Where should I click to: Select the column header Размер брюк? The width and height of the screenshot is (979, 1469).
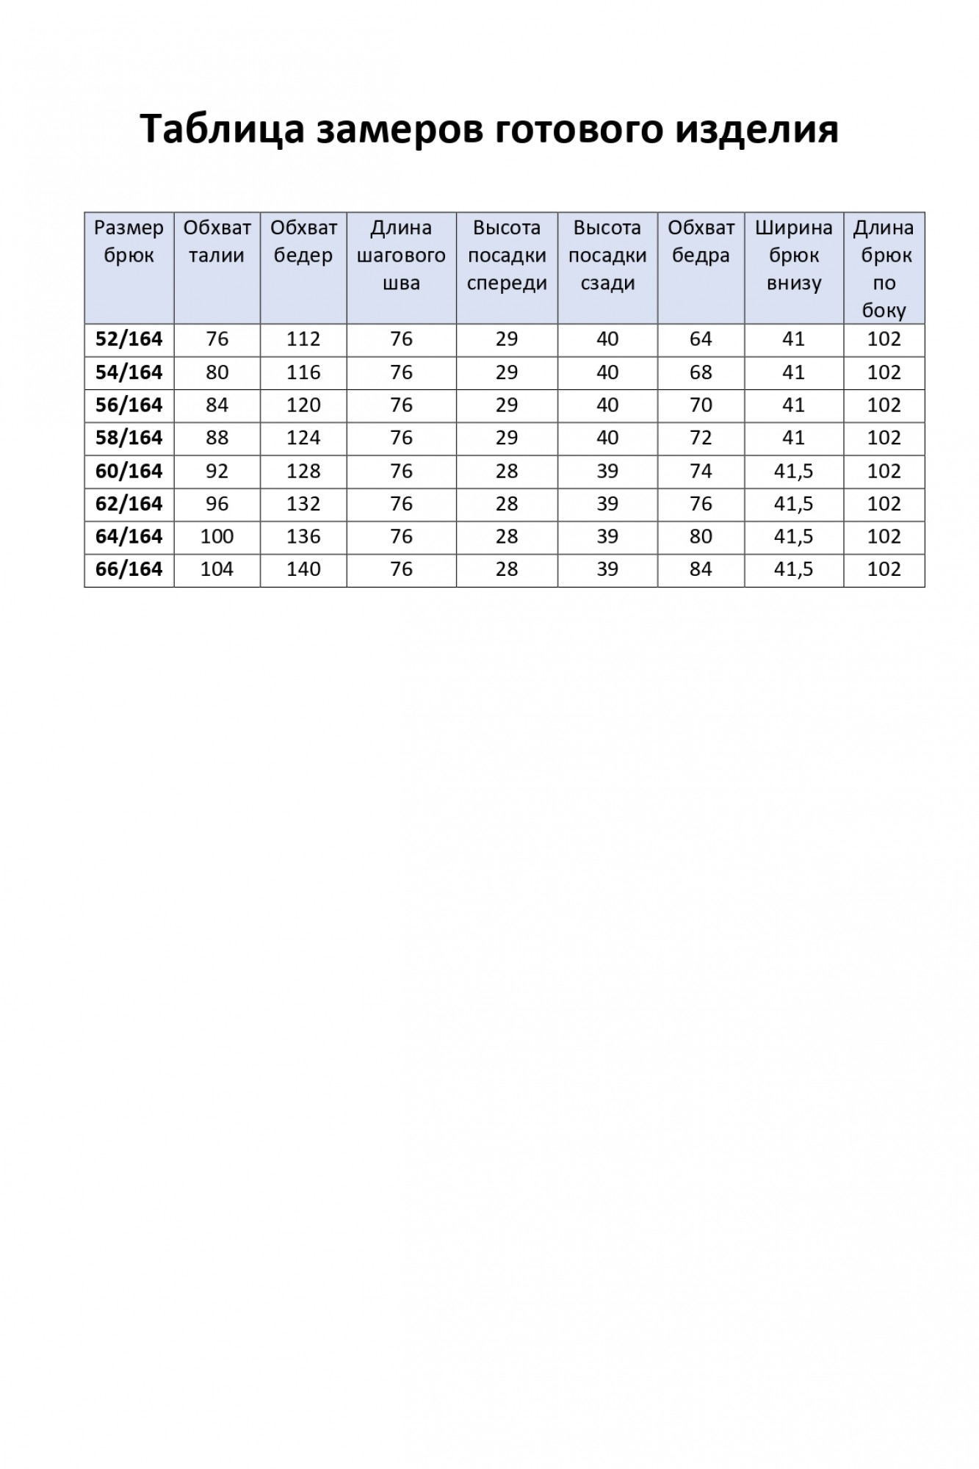point(129,242)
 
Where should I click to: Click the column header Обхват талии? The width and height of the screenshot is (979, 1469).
point(217,242)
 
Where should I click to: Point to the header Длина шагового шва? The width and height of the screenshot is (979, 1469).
point(401,255)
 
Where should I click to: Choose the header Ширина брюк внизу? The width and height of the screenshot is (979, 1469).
point(793,255)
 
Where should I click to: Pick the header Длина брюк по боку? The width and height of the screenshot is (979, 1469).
point(884,269)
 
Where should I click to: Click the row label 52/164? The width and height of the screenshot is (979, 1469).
point(129,339)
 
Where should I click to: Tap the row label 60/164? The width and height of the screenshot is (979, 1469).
point(129,471)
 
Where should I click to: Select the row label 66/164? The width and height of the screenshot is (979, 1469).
point(129,569)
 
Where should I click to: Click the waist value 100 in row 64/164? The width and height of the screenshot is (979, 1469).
point(217,537)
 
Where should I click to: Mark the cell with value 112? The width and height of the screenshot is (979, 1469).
point(303,339)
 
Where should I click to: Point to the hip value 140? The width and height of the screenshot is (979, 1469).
point(303,569)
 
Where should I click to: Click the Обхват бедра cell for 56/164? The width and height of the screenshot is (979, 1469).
point(701,405)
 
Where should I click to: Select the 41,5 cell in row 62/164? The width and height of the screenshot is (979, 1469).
point(793,504)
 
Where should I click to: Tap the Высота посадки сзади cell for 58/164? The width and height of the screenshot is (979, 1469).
point(607,438)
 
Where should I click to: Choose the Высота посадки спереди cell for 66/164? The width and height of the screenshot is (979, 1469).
point(507,569)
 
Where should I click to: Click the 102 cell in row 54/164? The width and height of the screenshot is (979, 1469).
point(884,372)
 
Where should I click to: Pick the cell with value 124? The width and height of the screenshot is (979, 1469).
point(303,438)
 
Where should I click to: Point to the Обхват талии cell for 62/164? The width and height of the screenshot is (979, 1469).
point(217,504)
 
